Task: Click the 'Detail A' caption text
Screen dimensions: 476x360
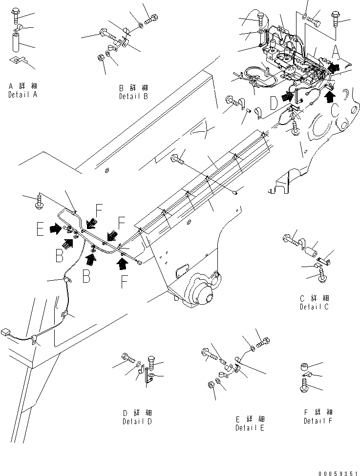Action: click(x=22, y=95)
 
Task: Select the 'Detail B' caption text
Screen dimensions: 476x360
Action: click(x=133, y=97)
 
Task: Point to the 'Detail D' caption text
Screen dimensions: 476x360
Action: click(x=137, y=421)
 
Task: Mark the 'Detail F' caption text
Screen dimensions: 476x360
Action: click(x=318, y=421)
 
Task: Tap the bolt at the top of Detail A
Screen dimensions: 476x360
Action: click(x=15, y=18)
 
